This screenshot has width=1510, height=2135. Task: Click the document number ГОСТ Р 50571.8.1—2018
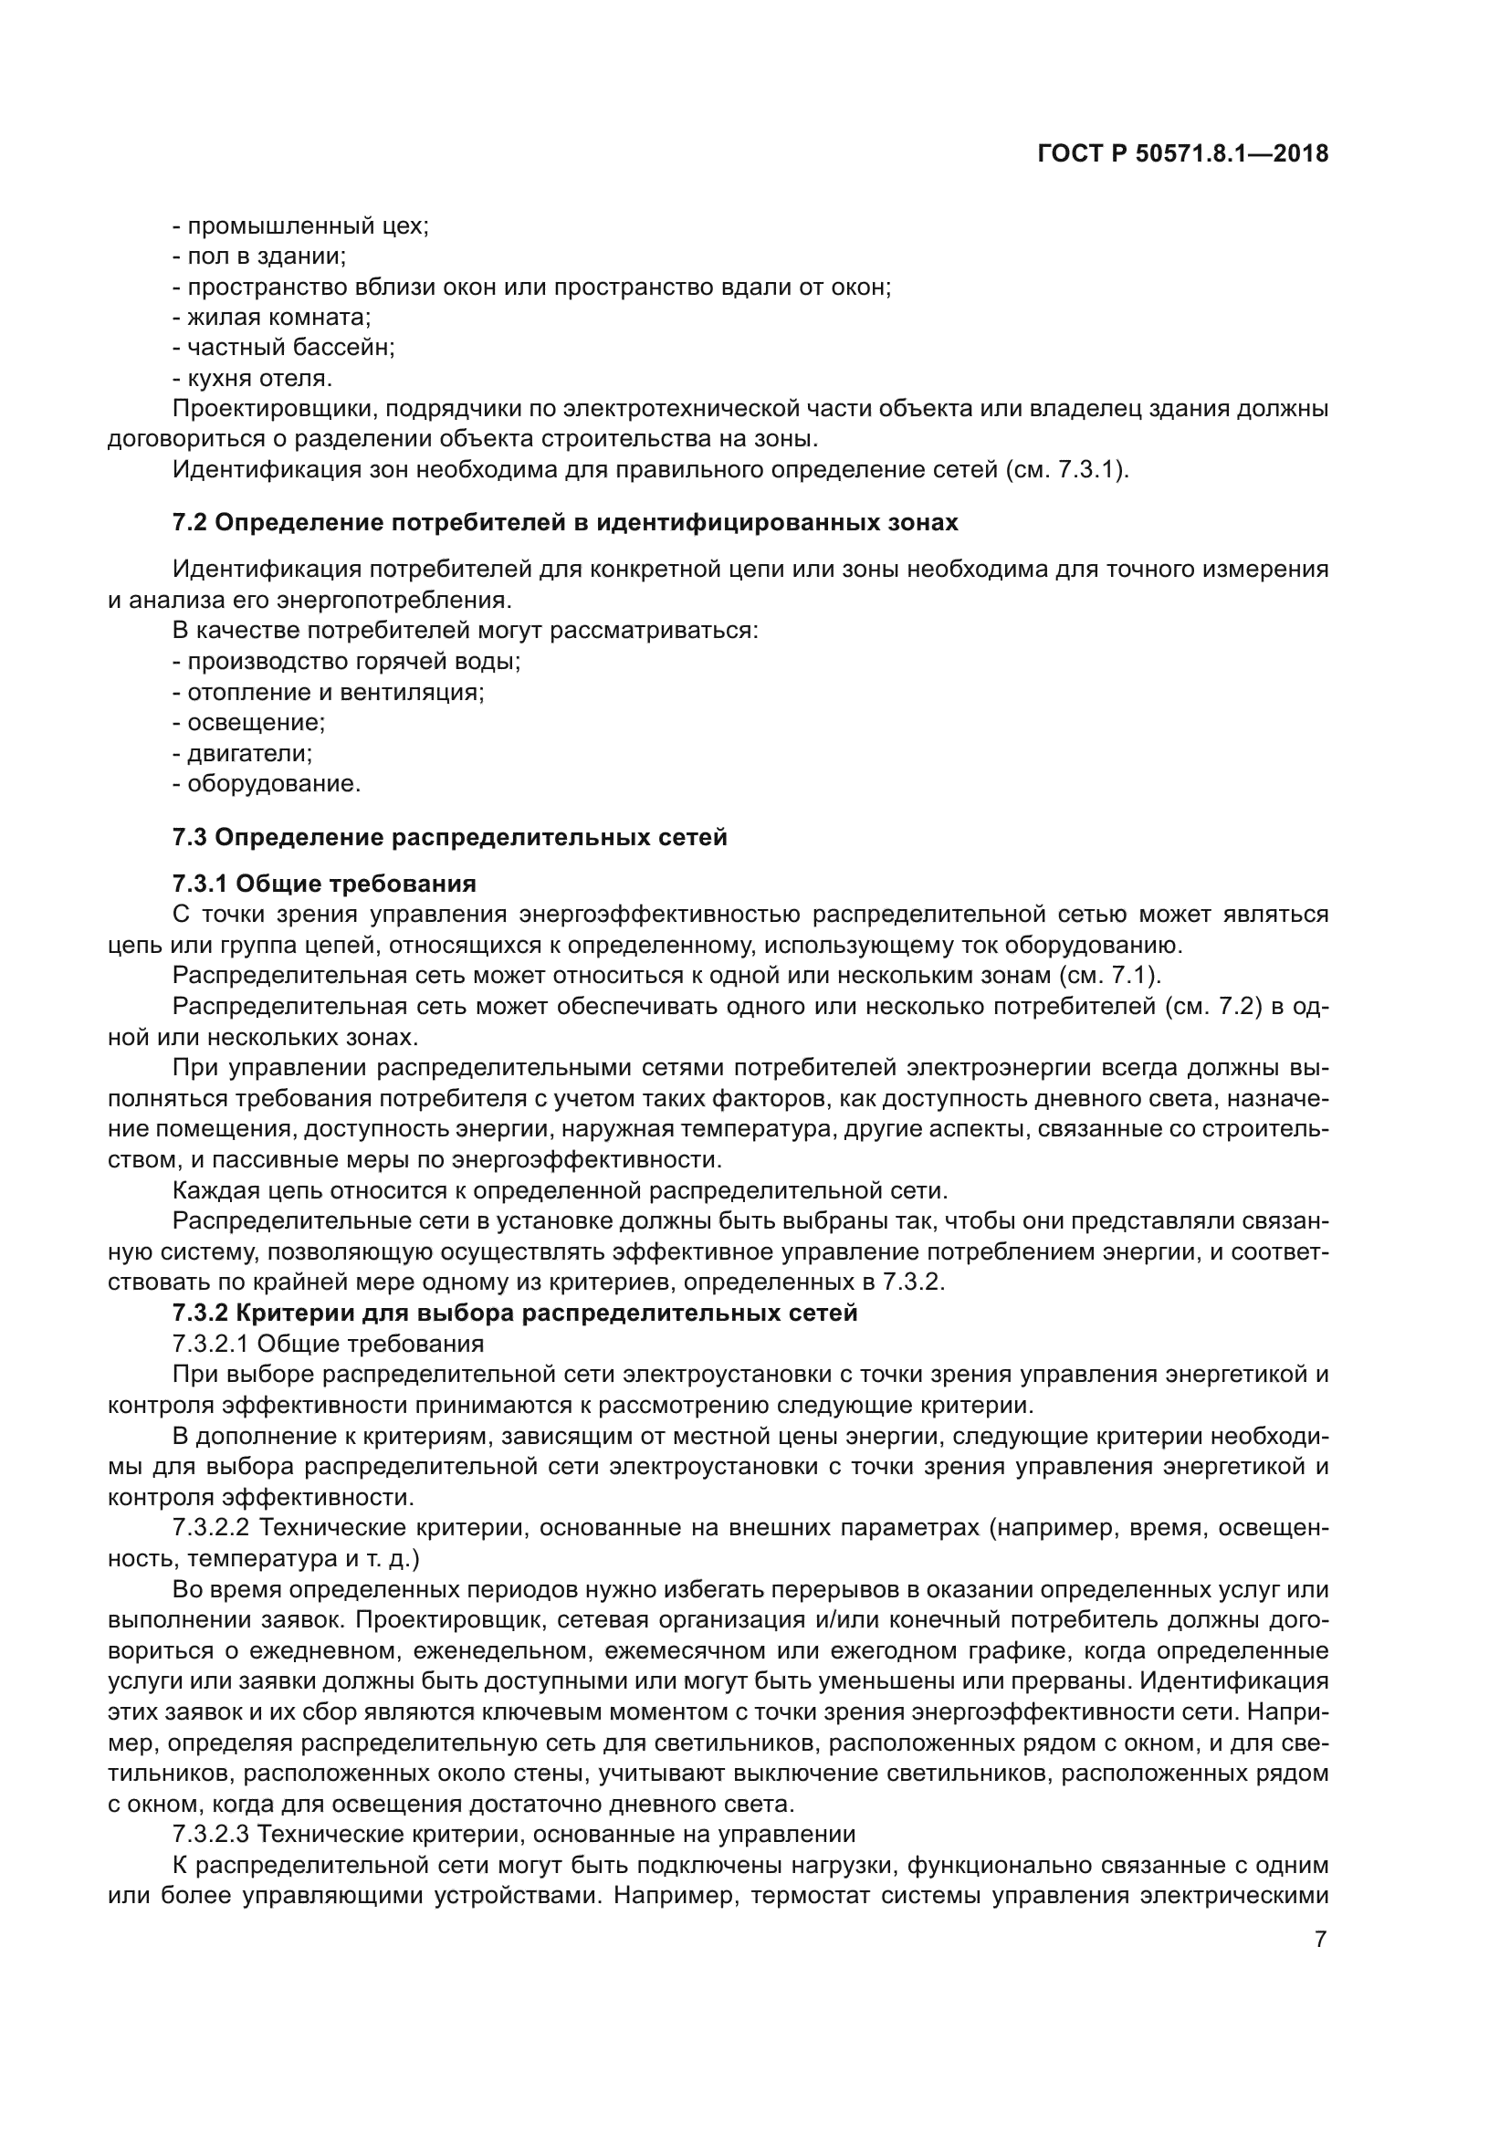pos(1182,153)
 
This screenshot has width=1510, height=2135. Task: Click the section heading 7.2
pos(564,523)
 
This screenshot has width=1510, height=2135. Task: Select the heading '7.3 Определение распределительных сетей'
pos(449,837)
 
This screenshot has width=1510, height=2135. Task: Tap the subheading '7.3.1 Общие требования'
pos(323,884)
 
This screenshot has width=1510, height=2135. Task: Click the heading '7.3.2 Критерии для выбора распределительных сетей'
pos(514,1313)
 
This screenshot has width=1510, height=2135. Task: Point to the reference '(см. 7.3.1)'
pos(1067,469)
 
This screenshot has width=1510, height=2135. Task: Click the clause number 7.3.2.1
pos(210,1344)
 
